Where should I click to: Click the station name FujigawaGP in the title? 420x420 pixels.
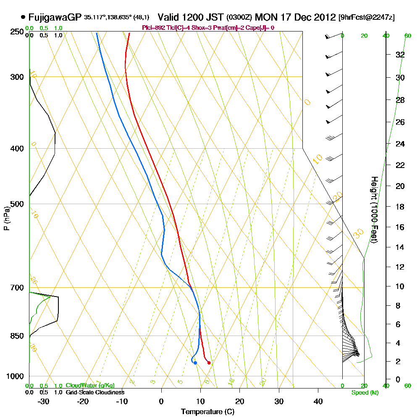tap(55, 18)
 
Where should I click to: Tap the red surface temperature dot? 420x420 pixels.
tap(209, 362)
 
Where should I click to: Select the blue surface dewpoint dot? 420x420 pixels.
tap(195, 362)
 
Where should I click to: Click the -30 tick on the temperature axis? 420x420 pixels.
tap(43, 402)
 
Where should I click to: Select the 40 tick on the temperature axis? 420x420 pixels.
tap(318, 402)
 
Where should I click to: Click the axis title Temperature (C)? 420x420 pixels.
tap(207, 412)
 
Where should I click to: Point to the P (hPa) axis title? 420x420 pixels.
tap(6, 218)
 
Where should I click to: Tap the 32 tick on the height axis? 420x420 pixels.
tap(400, 55)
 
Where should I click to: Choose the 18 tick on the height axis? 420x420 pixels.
tap(400, 207)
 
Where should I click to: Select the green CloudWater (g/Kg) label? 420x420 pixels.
tap(90, 386)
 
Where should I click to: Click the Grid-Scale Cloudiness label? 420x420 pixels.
tap(95, 392)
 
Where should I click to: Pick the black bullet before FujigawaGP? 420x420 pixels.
tap(22, 17)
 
